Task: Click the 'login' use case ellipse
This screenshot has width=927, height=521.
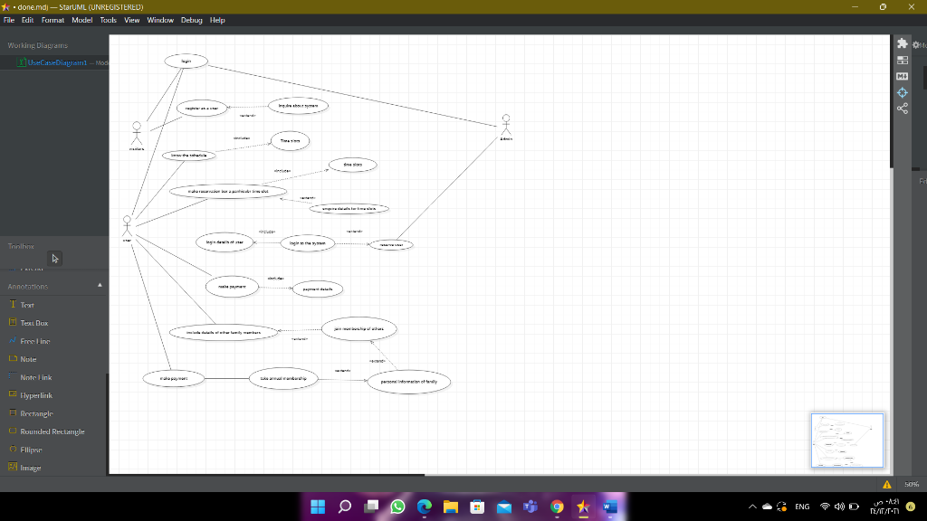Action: (186, 62)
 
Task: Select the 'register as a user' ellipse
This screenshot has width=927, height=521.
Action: (201, 108)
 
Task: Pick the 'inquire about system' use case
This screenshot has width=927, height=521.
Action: (297, 106)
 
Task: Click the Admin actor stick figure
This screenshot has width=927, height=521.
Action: (506, 125)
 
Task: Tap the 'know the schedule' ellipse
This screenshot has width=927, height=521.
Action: (188, 156)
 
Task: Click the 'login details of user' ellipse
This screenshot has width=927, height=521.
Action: (225, 242)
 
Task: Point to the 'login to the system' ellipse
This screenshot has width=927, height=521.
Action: (308, 243)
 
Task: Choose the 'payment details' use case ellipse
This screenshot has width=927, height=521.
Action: (317, 289)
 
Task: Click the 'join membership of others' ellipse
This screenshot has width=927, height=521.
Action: (358, 329)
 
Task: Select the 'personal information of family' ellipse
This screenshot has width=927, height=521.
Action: (408, 382)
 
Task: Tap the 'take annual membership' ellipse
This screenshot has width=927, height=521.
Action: (283, 378)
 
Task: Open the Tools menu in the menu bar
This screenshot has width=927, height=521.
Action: (109, 20)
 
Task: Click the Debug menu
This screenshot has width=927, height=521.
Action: (191, 20)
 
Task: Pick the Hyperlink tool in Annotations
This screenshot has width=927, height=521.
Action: (36, 395)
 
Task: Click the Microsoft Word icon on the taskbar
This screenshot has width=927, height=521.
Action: (607, 507)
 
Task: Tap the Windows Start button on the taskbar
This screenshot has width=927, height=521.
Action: (318, 507)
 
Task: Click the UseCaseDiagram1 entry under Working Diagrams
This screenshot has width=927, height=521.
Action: (57, 62)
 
